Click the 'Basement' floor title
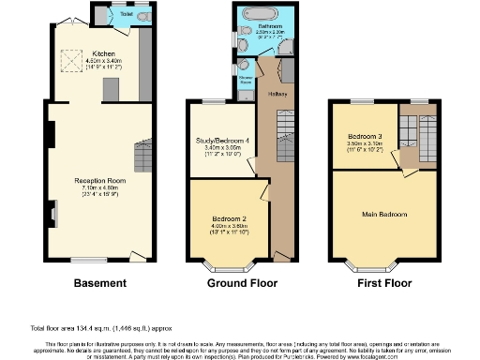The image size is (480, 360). [x=99, y=282]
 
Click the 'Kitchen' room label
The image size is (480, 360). [x=103, y=53]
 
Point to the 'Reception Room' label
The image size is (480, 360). [x=100, y=179]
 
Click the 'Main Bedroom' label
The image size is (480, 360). [x=385, y=215]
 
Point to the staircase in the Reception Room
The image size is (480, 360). [x=142, y=153]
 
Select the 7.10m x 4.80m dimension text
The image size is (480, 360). [x=100, y=186]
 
